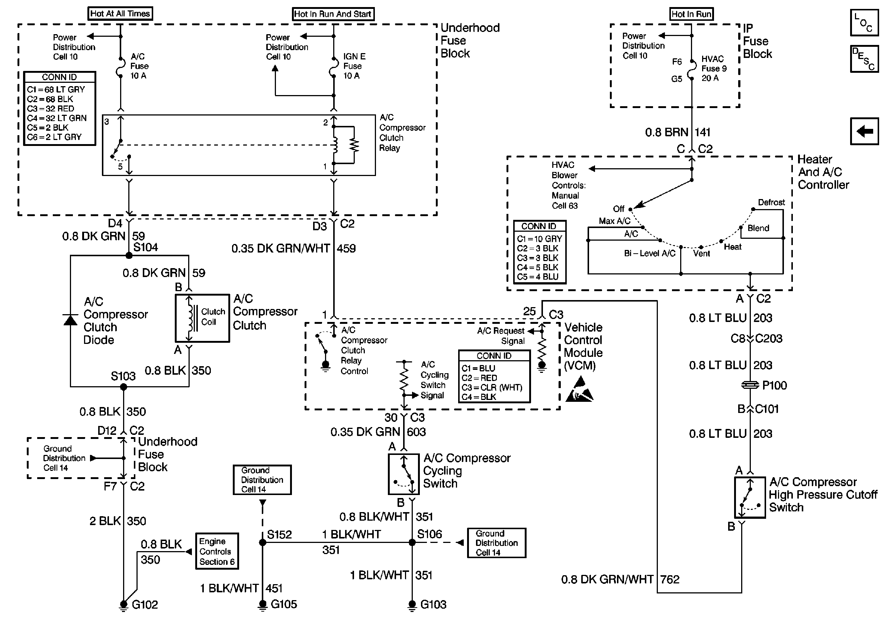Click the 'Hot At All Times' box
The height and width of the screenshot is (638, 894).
click(120, 14)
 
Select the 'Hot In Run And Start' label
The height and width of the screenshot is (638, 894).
click(333, 14)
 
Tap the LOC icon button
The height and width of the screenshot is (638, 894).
click(864, 23)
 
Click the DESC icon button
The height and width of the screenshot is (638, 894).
click(864, 59)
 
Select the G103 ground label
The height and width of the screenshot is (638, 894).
click(433, 605)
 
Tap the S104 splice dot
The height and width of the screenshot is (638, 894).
click(129, 255)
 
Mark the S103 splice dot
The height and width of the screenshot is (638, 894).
click(123, 387)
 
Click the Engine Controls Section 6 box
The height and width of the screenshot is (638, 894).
click(217, 551)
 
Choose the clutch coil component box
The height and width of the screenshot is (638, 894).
click(202, 318)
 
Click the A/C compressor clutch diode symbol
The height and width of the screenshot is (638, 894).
click(71, 320)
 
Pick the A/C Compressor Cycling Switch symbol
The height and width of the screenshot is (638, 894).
click(403, 474)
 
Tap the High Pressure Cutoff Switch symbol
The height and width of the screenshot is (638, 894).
click(750, 497)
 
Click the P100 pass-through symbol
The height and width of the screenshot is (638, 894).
click(750, 385)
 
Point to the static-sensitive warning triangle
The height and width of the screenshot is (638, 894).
click(579, 390)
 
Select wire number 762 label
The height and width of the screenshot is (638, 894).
click(670, 579)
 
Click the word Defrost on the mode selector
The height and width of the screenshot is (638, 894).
click(771, 202)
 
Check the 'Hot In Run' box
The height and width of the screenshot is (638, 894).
click(691, 14)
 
